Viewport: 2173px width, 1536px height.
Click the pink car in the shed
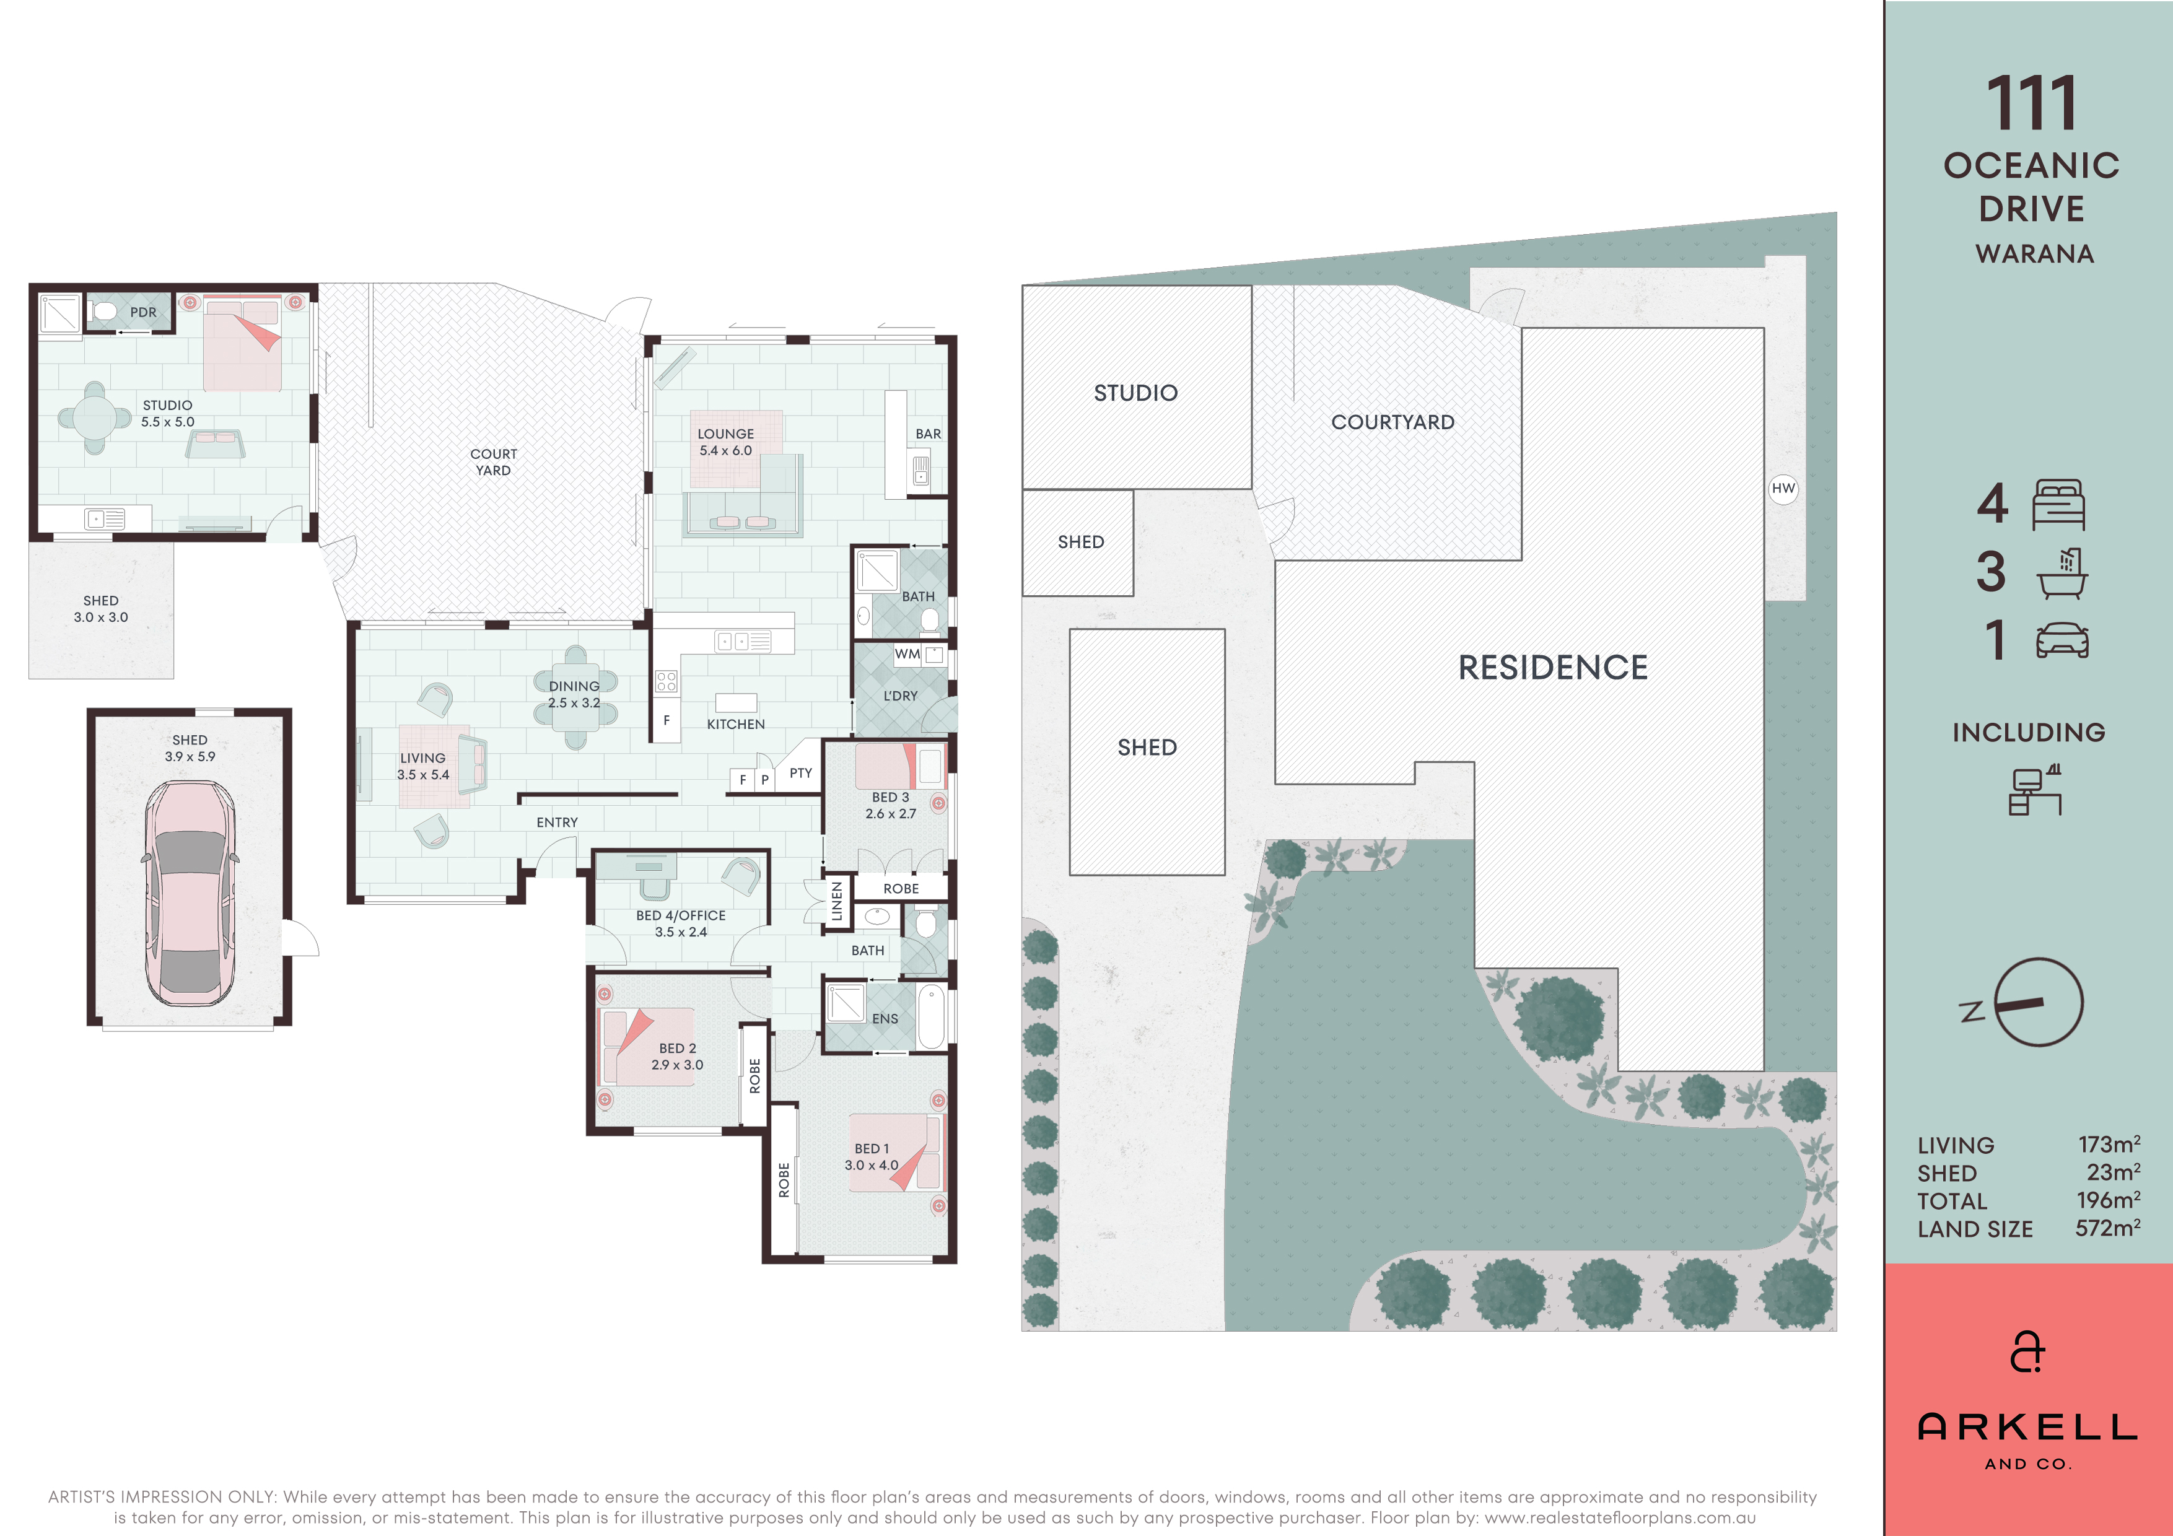tap(190, 892)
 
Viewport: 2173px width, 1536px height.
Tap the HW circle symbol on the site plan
tap(1783, 488)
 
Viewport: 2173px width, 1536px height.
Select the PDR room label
tap(144, 312)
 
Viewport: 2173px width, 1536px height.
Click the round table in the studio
tap(95, 417)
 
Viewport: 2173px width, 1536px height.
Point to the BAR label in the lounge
tap(927, 434)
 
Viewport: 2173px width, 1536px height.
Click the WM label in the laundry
tap(907, 654)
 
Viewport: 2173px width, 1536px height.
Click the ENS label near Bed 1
tap(885, 1018)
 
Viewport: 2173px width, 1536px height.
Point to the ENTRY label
tap(556, 823)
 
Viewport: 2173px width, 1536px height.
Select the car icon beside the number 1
tap(2062, 640)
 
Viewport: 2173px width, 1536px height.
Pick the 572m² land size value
tap(2108, 1228)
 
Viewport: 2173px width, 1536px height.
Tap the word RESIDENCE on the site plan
tap(1553, 667)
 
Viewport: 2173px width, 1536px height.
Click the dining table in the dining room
tap(575, 697)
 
